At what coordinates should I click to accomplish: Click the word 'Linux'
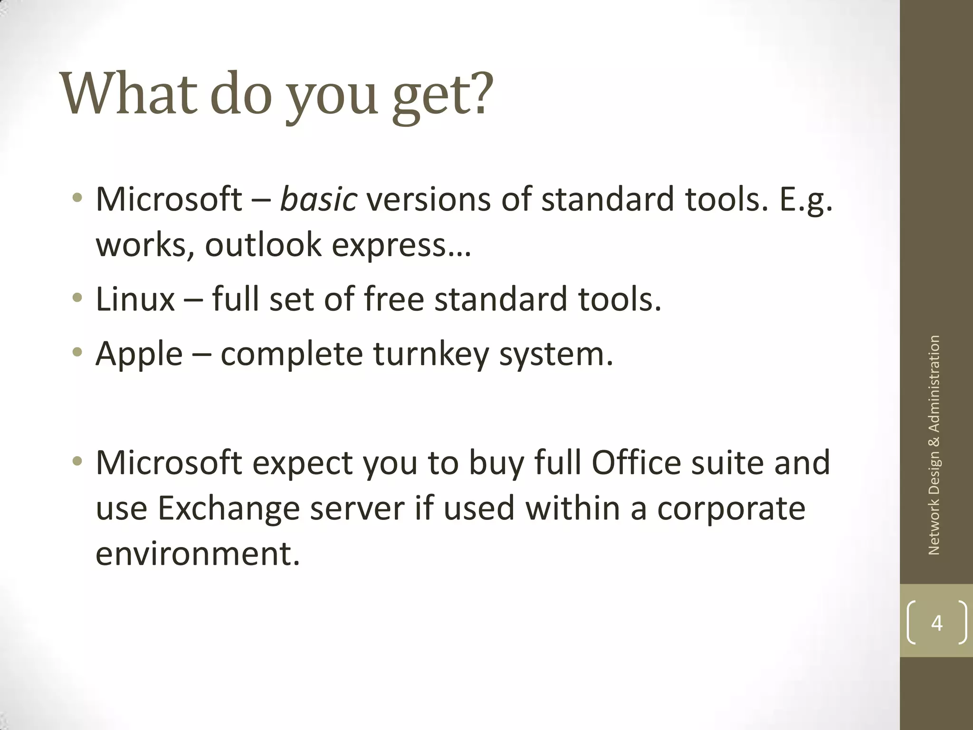[135, 299]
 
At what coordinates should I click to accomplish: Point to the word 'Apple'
[139, 354]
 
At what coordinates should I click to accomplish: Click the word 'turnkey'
[430, 354]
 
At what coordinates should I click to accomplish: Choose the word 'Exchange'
[229, 508]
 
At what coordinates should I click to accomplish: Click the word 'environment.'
[198, 554]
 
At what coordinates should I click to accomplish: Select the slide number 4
[936, 623]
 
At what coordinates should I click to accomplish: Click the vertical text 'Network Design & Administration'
[934, 445]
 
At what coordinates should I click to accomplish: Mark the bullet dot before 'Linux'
[77, 298]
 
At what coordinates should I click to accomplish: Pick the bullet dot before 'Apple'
[77, 353]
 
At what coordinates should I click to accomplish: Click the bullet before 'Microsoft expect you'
[77, 461]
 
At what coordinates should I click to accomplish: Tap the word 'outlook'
[263, 245]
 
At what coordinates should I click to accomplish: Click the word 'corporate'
[731, 508]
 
